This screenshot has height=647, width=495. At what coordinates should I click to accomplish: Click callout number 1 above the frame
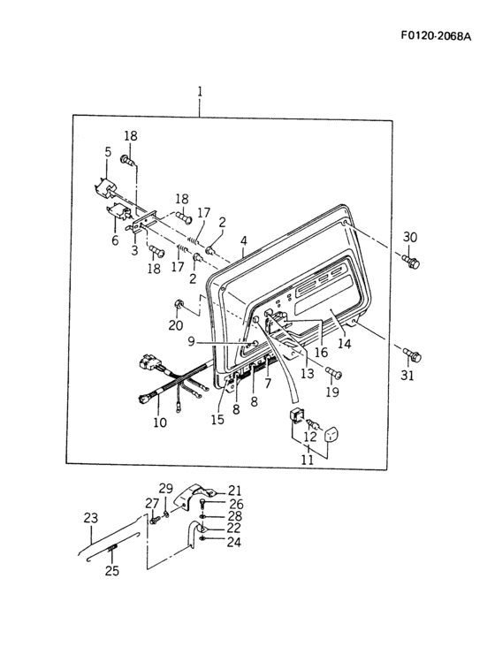click(x=200, y=92)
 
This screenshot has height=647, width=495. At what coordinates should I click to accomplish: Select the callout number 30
click(x=410, y=237)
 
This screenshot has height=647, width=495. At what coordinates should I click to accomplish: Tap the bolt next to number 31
click(x=412, y=355)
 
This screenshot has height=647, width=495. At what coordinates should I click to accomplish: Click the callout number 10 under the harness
click(x=159, y=422)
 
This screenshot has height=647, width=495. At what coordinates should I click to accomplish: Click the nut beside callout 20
click(x=179, y=306)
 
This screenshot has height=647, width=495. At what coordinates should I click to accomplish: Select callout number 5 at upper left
click(x=108, y=152)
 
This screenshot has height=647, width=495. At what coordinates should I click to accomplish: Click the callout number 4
click(x=243, y=240)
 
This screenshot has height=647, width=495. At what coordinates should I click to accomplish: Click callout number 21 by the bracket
click(x=234, y=490)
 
